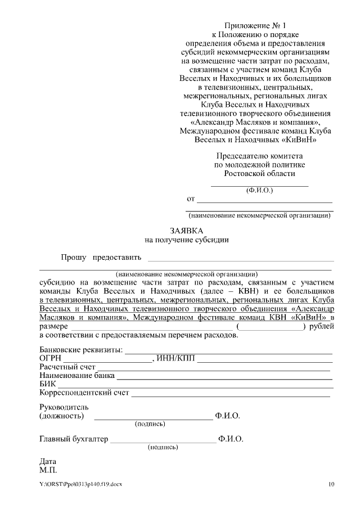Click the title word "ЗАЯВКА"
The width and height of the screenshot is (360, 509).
(x=187, y=231)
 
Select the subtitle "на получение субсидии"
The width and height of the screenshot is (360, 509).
(x=187, y=240)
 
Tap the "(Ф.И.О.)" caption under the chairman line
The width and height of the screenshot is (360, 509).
(x=259, y=190)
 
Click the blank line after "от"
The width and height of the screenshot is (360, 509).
(x=264, y=200)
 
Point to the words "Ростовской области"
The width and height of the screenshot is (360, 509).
(x=259, y=174)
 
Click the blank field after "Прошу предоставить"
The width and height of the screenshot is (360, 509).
(x=240, y=259)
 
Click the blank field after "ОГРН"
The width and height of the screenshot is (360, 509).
(x=107, y=360)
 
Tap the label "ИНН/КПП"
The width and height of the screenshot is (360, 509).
(x=178, y=359)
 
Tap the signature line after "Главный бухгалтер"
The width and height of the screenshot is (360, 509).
(x=163, y=441)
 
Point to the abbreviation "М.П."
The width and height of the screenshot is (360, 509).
(x=48, y=470)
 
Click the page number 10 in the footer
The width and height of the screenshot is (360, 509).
(x=331, y=484)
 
